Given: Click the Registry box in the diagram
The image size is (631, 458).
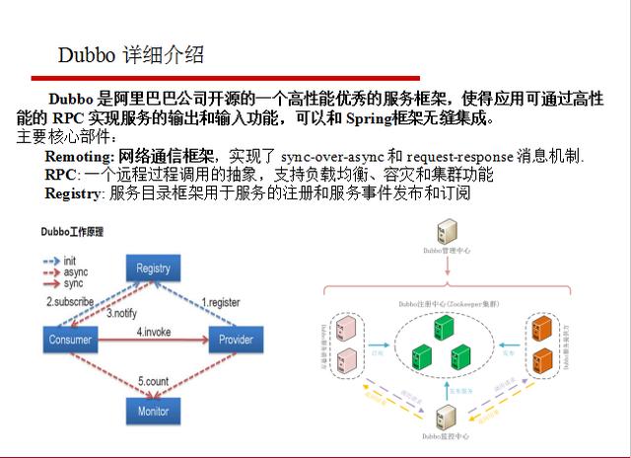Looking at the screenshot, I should click(x=153, y=268).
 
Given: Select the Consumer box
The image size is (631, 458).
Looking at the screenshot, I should click(x=69, y=341).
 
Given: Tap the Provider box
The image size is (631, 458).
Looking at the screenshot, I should click(x=236, y=341).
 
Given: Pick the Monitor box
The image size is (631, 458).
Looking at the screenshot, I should click(x=153, y=411).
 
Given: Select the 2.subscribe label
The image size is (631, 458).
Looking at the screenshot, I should click(x=70, y=300).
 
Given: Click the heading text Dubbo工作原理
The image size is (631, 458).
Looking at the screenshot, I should click(x=72, y=232).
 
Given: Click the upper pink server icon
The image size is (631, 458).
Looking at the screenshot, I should click(x=345, y=327).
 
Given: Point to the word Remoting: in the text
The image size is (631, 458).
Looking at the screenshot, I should click(x=80, y=157).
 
